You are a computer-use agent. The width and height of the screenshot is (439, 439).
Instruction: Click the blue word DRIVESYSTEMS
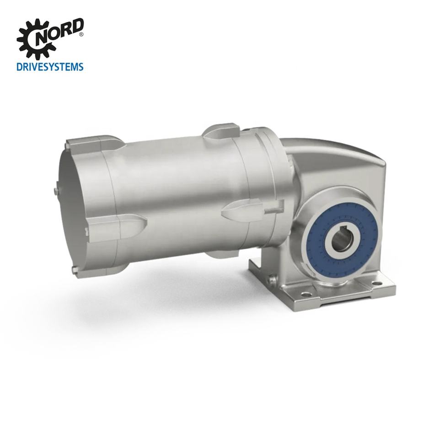point(50,67)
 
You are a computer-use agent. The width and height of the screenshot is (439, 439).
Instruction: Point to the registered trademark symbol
point(81,34)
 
